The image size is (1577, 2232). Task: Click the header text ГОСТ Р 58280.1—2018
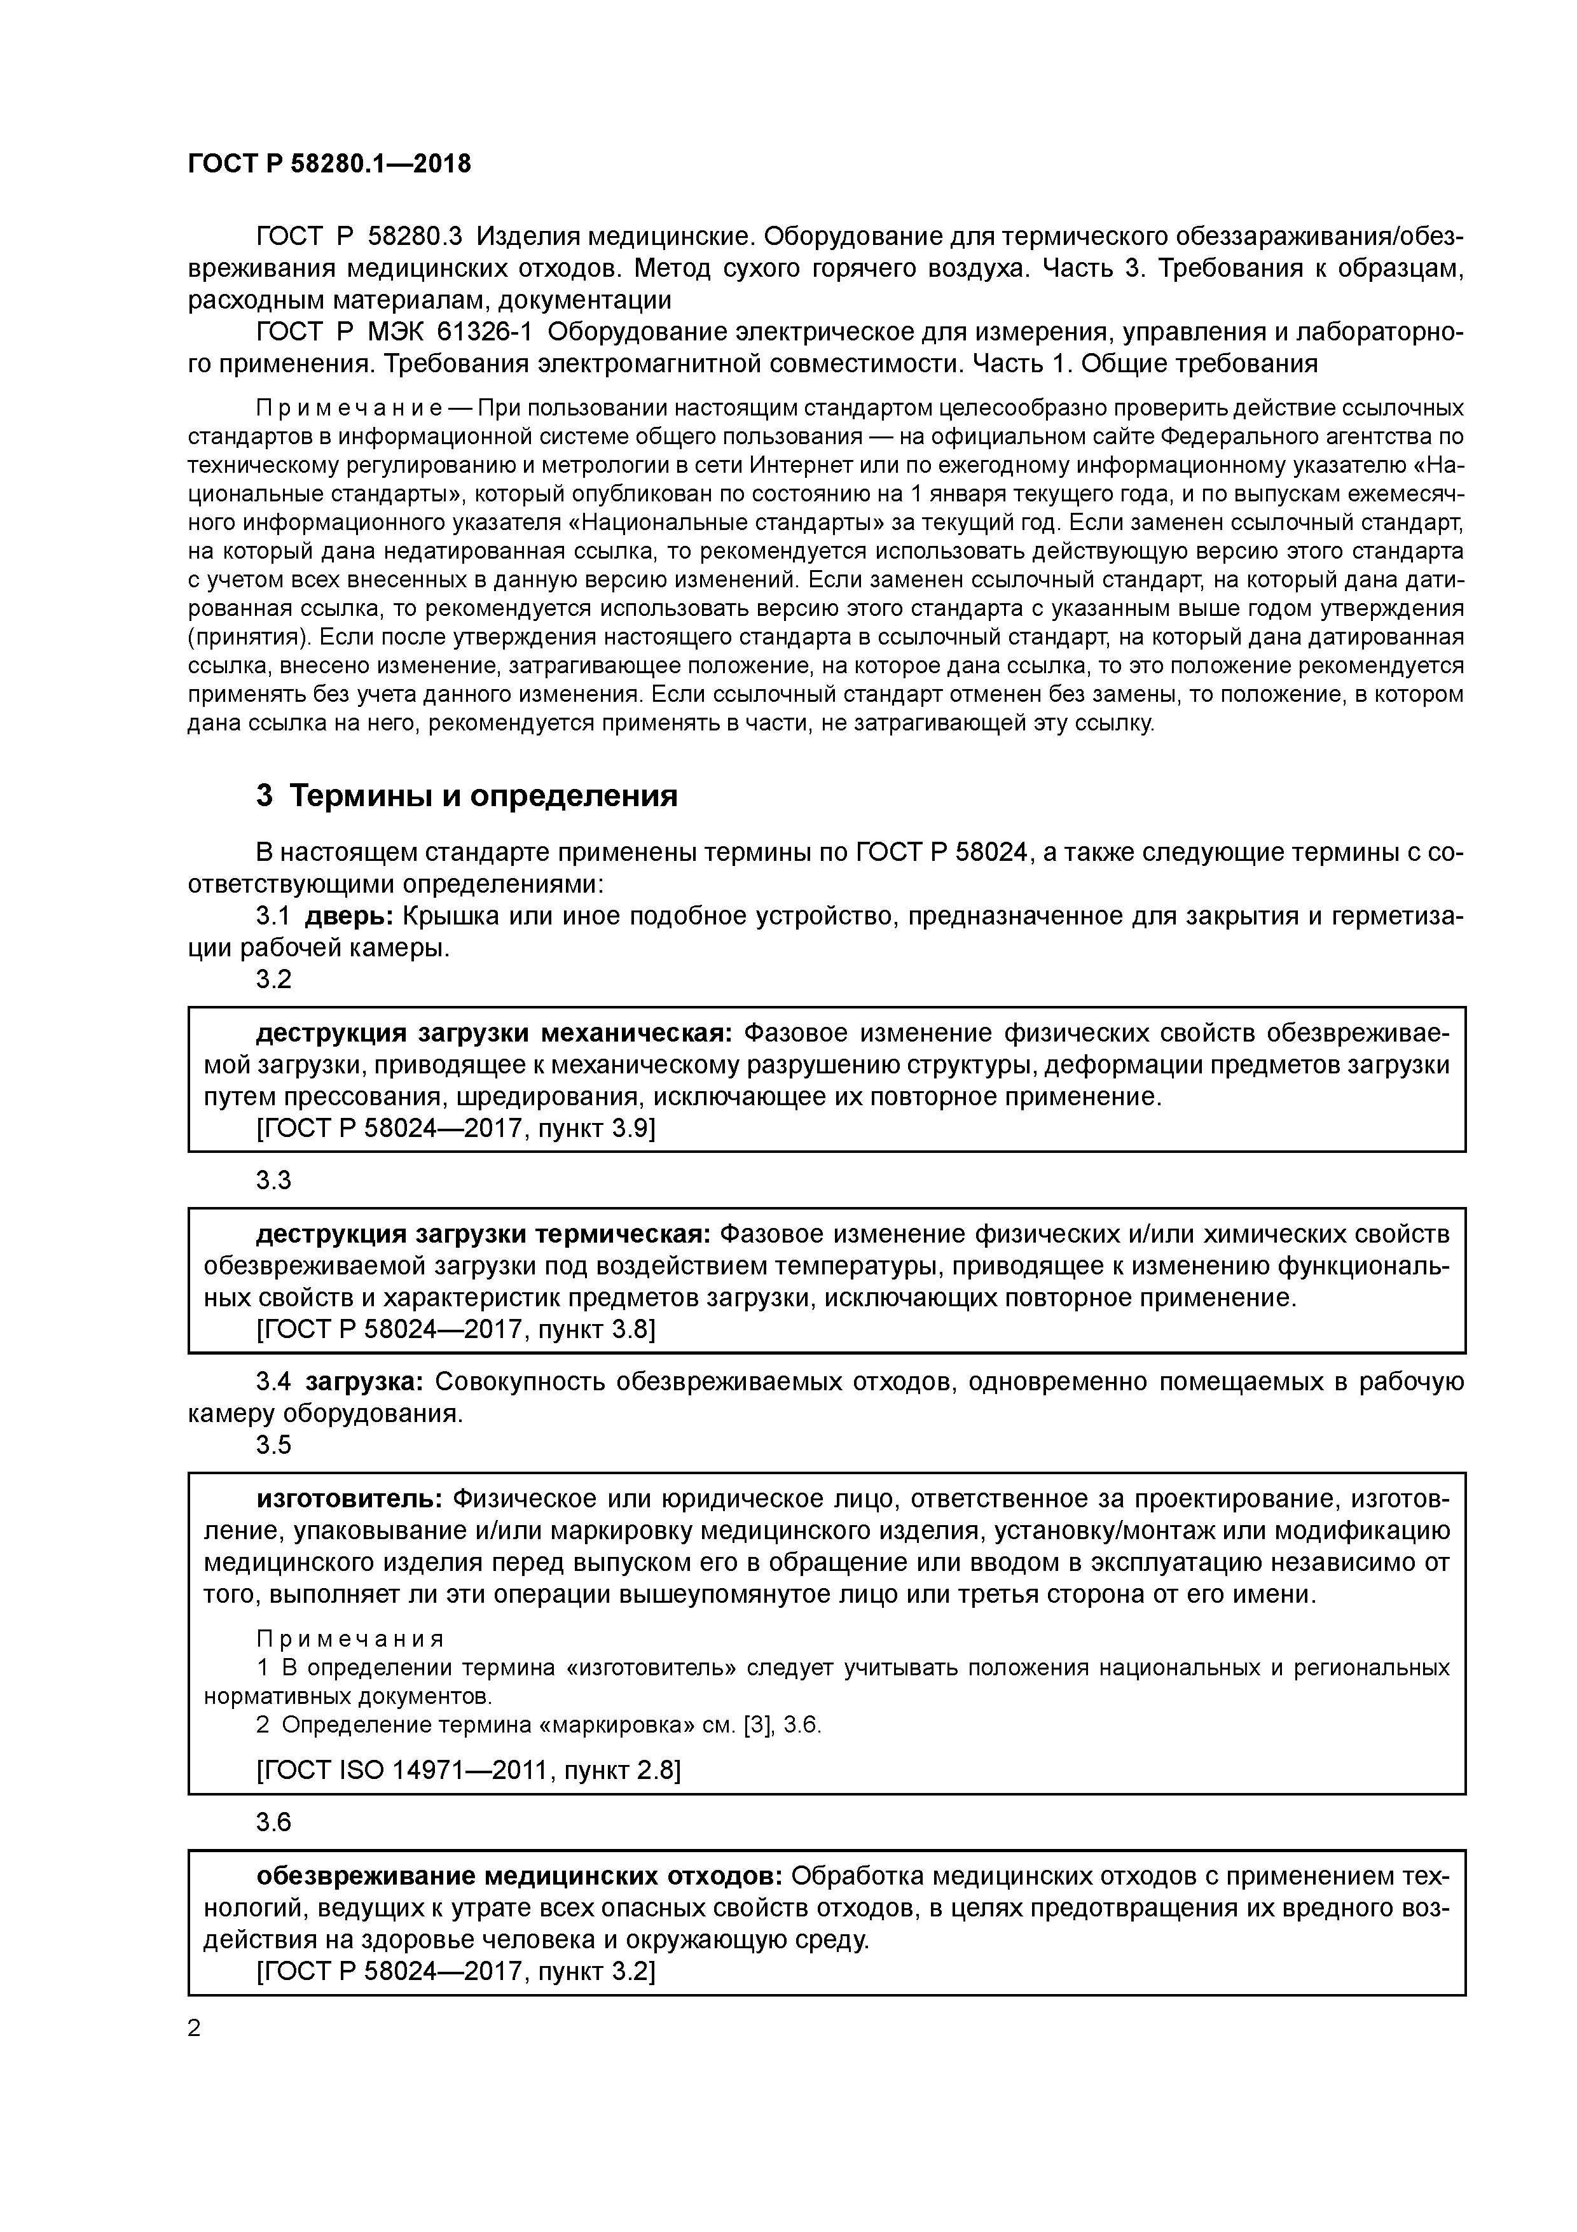pos(328,164)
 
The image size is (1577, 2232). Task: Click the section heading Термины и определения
pos(483,796)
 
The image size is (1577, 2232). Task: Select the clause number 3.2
pos(274,980)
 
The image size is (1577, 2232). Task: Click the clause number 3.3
pos(274,1180)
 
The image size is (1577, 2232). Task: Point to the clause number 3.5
pos(274,1446)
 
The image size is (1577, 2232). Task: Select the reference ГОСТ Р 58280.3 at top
pos(359,236)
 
